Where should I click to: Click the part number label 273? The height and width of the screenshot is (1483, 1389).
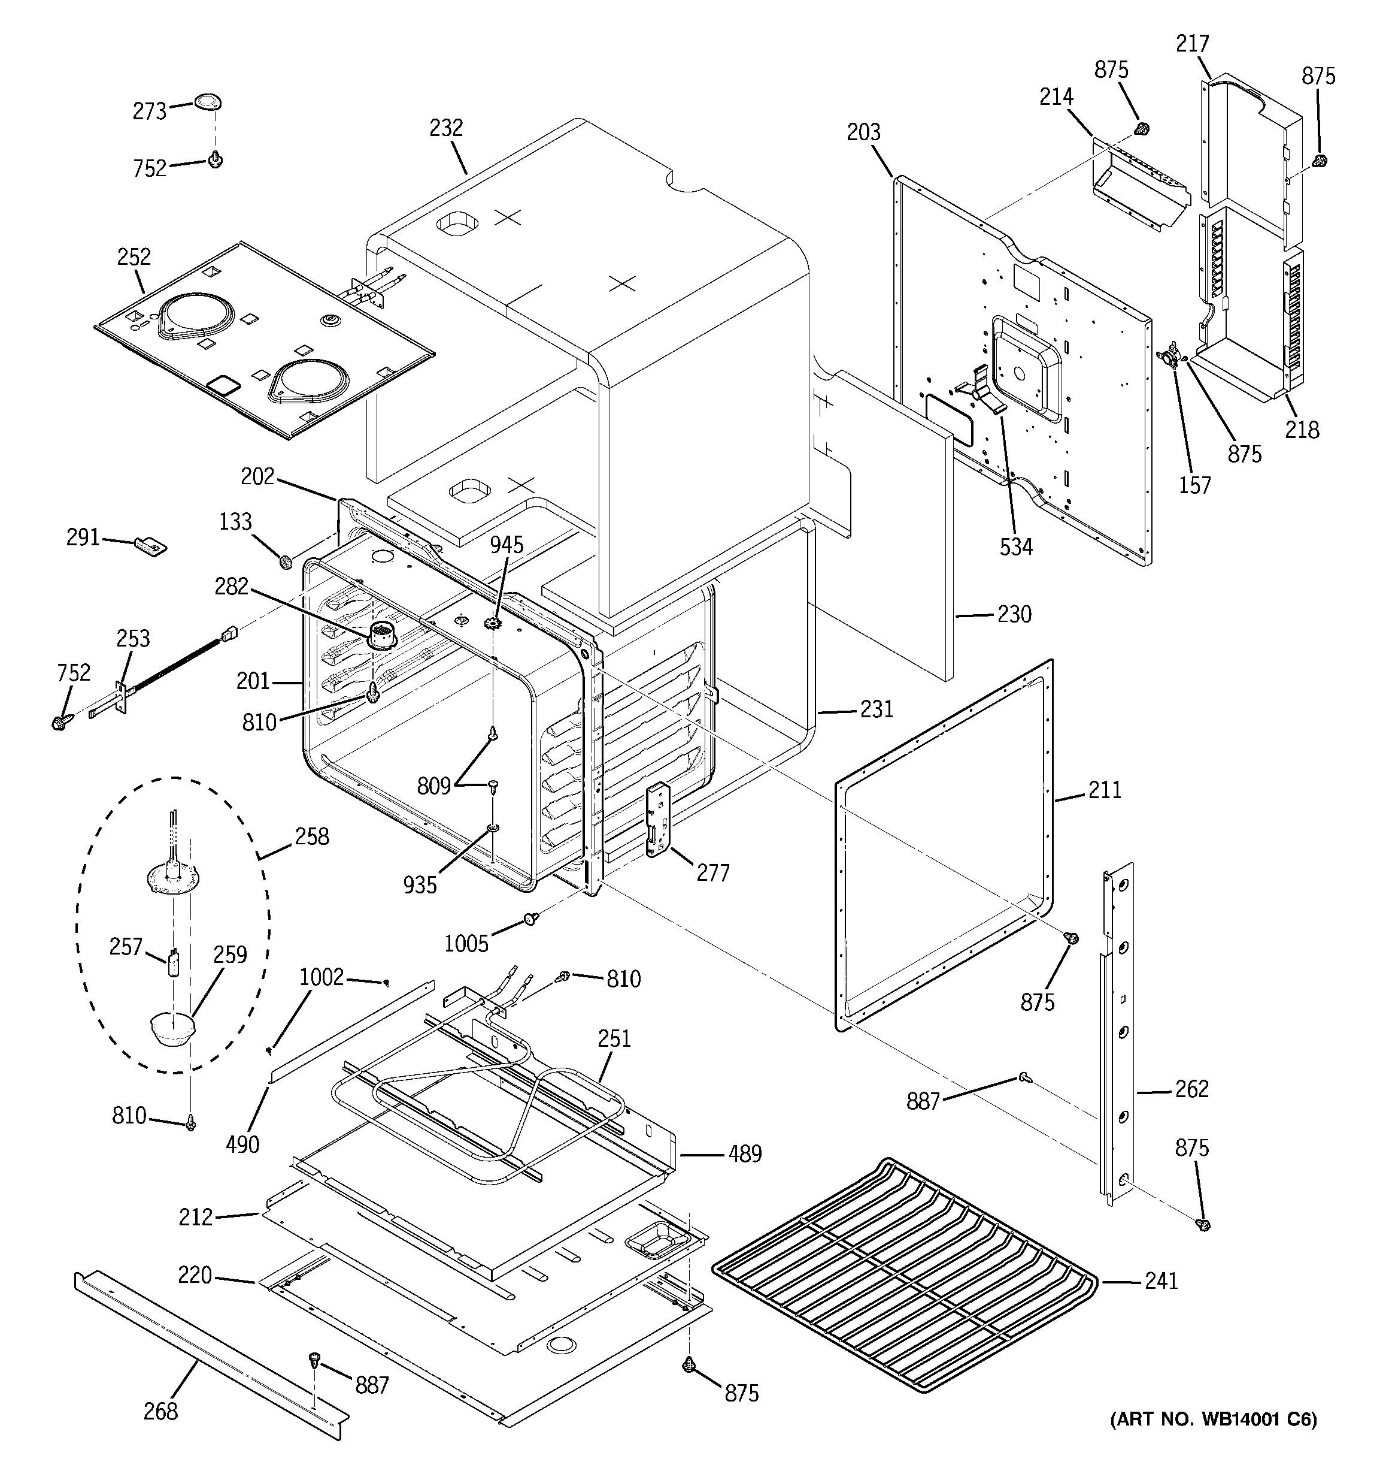(x=149, y=112)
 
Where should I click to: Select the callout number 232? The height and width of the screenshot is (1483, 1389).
(x=446, y=128)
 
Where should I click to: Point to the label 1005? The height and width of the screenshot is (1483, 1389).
(x=466, y=944)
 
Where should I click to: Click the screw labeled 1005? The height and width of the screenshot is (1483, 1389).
(x=531, y=919)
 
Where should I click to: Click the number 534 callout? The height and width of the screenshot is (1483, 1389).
(x=1016, y=547)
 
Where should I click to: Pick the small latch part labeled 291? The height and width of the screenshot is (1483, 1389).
(x=151, y=545)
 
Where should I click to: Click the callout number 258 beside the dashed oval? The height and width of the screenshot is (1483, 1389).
(x=312, y=836)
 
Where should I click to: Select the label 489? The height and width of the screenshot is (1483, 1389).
(x=745, y=1154)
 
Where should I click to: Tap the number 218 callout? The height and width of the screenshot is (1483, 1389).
(x=1302, y=430)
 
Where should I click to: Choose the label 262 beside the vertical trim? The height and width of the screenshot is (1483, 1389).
(x=1191, y=1089)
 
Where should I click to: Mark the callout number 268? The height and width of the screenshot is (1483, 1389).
(x=160, y=1411)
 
